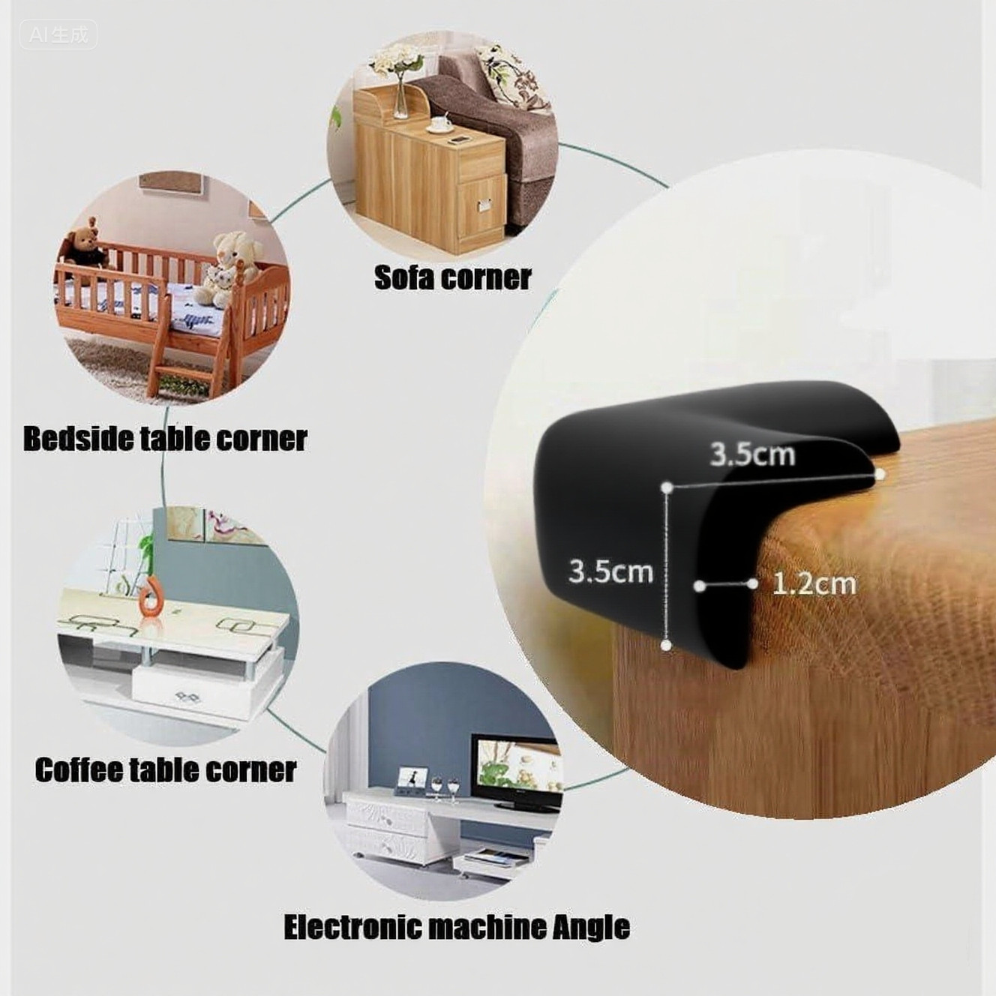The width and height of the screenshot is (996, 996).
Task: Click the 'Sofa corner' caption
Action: coord(452,277)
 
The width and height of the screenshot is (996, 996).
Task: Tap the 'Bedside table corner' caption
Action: coord(165,439)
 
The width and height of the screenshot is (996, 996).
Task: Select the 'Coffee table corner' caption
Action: coord(165,770)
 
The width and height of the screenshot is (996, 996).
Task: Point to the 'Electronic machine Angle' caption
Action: coord(456,927)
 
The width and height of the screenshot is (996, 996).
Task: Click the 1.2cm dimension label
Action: coord(814,583)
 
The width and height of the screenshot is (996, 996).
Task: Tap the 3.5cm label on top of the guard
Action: coord(752,454)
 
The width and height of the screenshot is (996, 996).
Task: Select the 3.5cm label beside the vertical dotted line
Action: coord(610,571)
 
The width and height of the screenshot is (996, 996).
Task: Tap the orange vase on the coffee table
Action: coord(151,598)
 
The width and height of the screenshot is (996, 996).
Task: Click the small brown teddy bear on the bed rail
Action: coord(88,244)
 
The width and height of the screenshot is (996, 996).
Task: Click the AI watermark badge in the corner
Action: coord(58,34)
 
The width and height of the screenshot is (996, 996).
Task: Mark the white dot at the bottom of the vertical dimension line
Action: coord(666,645)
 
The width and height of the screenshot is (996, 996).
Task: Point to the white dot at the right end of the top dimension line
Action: coord(880,474)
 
